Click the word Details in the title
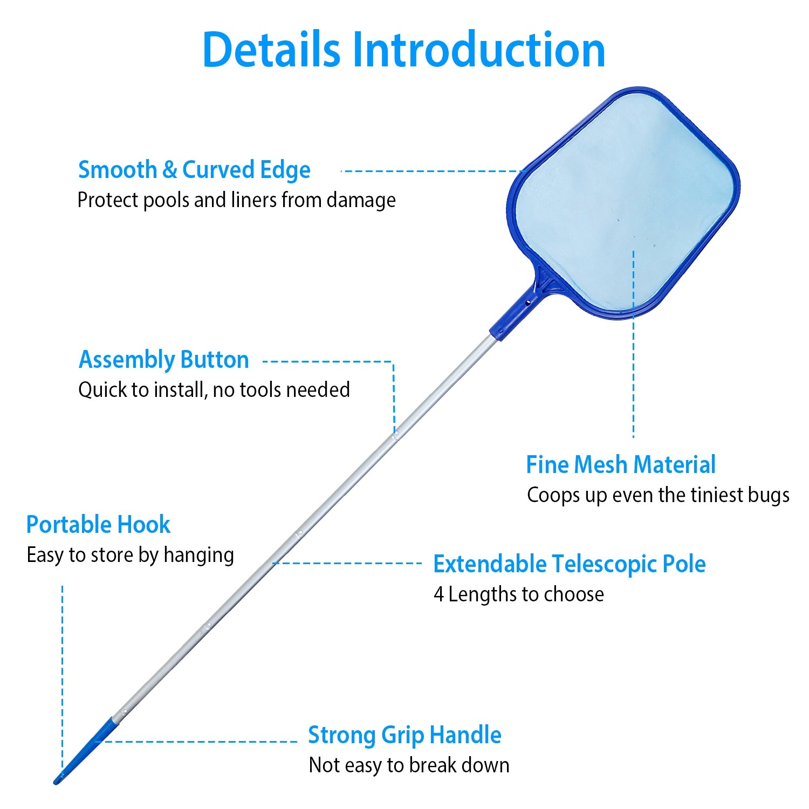coord(271,50)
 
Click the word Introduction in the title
coord(479,50)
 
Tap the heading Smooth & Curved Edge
coord(194,170)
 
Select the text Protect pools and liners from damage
coord(236,200)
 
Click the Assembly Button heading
coord(163,360)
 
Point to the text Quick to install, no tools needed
coord(214,389)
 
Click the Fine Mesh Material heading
coord(620,465)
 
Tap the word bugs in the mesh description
coord(769,495)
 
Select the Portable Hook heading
coord(98,525)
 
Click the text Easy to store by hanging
coord(130,555)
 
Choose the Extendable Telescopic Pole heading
coord(569,564)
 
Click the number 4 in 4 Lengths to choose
coord(438,594)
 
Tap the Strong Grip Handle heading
coord(404,735)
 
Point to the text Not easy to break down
coord(409,765)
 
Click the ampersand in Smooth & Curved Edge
coord(169,170)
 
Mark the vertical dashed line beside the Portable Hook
coord(63,674)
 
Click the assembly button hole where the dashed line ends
coord(395,433)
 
